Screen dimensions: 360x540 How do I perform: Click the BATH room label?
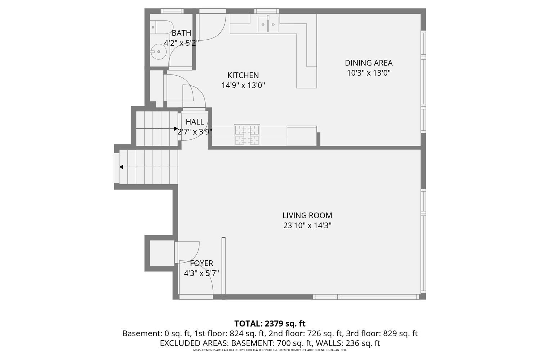click(181, 33)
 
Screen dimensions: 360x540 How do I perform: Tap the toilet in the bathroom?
click(161, 26)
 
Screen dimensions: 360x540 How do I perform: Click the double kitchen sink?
click(268, 24)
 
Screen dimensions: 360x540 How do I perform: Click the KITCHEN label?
click(243, 75)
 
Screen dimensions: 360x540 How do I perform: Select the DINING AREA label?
click(368, 63)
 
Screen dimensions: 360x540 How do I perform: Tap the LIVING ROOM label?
click(307, 215)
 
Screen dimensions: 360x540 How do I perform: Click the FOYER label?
click(201, 263)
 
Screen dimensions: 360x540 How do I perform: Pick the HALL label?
click(195, 122)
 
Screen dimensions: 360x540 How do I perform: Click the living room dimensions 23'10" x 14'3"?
click(307, 226)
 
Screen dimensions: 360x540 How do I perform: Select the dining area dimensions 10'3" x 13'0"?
click(368, 73)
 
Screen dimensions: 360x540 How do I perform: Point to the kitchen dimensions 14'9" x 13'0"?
click(243, 85)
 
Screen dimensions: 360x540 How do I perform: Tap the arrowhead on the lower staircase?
click(121, 167)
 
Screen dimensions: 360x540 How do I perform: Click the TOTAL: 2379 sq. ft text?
click(270, 323)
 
